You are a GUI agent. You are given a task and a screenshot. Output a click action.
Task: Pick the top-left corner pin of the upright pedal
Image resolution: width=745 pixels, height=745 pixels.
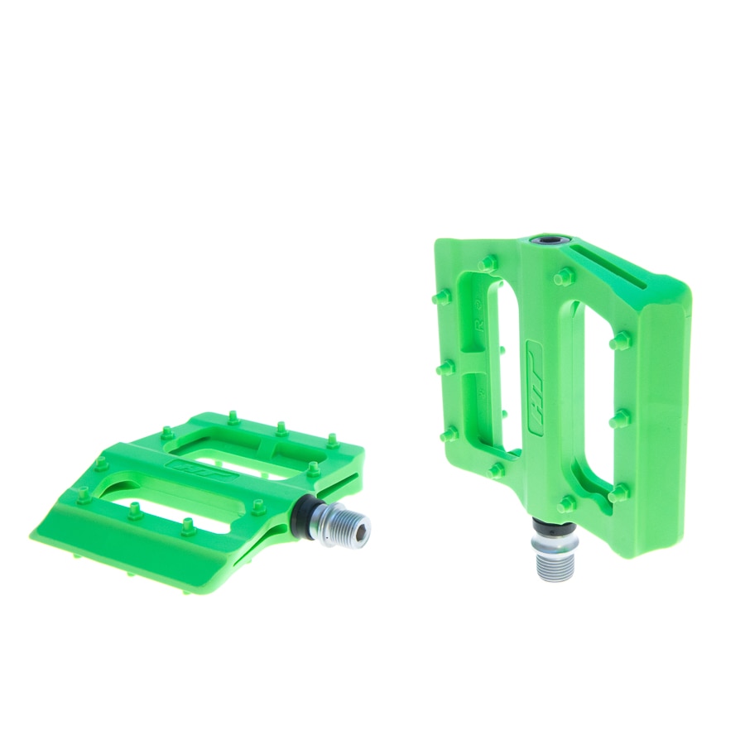[x=488, y=264]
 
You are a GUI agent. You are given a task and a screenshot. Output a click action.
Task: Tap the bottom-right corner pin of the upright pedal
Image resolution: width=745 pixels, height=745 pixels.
[x=618, y=494]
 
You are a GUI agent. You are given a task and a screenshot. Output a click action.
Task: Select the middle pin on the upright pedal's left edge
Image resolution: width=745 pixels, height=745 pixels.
[x=444, y=364]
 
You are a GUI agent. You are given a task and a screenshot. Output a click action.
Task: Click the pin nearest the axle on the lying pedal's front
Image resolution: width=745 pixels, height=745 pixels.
[x=258, y=504]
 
